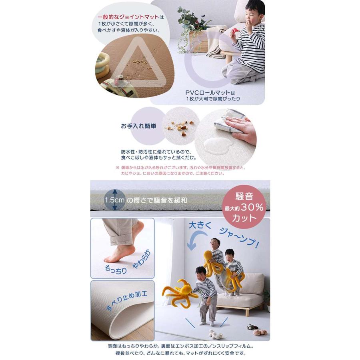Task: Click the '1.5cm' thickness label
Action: click(114, 200)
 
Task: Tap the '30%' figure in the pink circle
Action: click(252, 208)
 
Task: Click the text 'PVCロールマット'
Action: click(208, 93)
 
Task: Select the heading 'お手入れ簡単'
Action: click(139, 126)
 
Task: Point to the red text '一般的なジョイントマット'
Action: click(128, 17)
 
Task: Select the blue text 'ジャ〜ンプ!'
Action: click(240, 238)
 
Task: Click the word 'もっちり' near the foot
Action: click(116, 270)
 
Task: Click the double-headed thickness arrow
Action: click(115, 200)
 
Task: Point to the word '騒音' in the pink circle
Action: click(244, 196)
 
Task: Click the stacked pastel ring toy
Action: click(103, 63)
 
